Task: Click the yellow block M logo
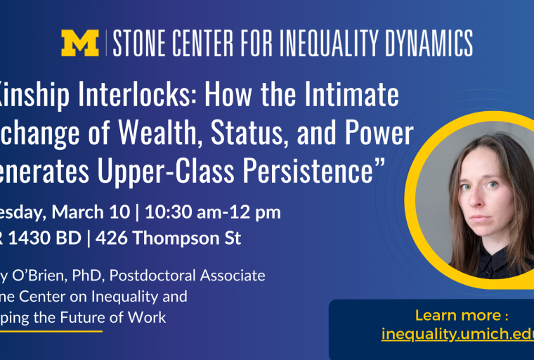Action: tap(79, 43)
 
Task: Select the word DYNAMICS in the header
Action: tap(429, 43)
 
